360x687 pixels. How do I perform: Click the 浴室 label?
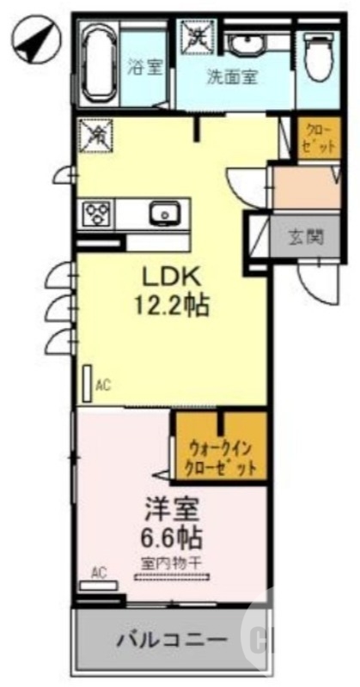click(143, 69)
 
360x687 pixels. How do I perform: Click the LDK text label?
click(172, 277)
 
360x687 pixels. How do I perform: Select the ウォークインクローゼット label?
click(220, 458)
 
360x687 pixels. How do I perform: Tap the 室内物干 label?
click(172, 562)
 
